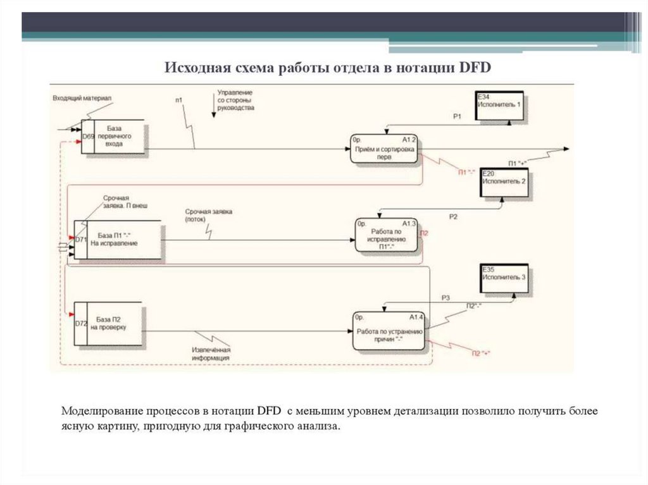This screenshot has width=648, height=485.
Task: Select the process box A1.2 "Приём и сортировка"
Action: tap(385, 149)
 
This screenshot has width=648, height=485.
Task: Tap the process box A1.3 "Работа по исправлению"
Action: tap(386, 236)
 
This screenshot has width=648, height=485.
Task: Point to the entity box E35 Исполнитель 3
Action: tap(504, 279)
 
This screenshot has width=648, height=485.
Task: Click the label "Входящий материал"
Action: tap(82, 98)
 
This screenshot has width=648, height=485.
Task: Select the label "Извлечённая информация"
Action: tap(211, 353)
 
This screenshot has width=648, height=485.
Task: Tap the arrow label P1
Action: tap(458, 116)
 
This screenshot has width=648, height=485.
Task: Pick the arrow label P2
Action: tap(453, 216)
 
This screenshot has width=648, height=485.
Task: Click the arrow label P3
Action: tap(445, 297)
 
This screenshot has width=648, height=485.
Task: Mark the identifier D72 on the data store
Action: tap(80, 324)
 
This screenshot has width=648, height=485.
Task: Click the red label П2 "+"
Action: tap(482, 353)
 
